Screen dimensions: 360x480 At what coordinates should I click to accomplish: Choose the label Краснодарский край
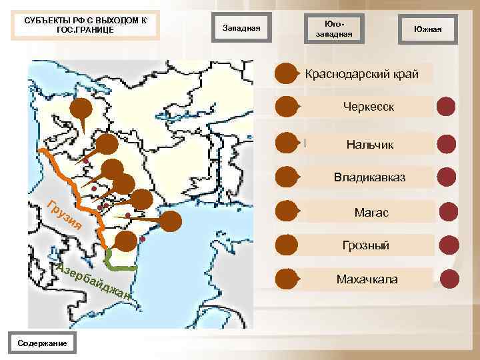[361, 73]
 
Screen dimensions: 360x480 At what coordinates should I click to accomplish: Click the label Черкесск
[369, 107]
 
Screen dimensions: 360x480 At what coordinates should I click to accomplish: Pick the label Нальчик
[370, 144]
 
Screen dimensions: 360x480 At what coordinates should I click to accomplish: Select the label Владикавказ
[369, 178]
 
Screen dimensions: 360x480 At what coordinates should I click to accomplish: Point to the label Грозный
[365, 246]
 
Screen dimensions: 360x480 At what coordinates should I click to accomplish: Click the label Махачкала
[367, 279]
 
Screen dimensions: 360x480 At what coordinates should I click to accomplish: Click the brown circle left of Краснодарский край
[287, 73]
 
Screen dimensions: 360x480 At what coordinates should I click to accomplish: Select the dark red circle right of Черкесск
[446, 107]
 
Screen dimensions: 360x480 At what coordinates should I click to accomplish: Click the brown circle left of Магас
[287, 211]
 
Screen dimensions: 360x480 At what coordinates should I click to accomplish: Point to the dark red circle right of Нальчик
[446, 144]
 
